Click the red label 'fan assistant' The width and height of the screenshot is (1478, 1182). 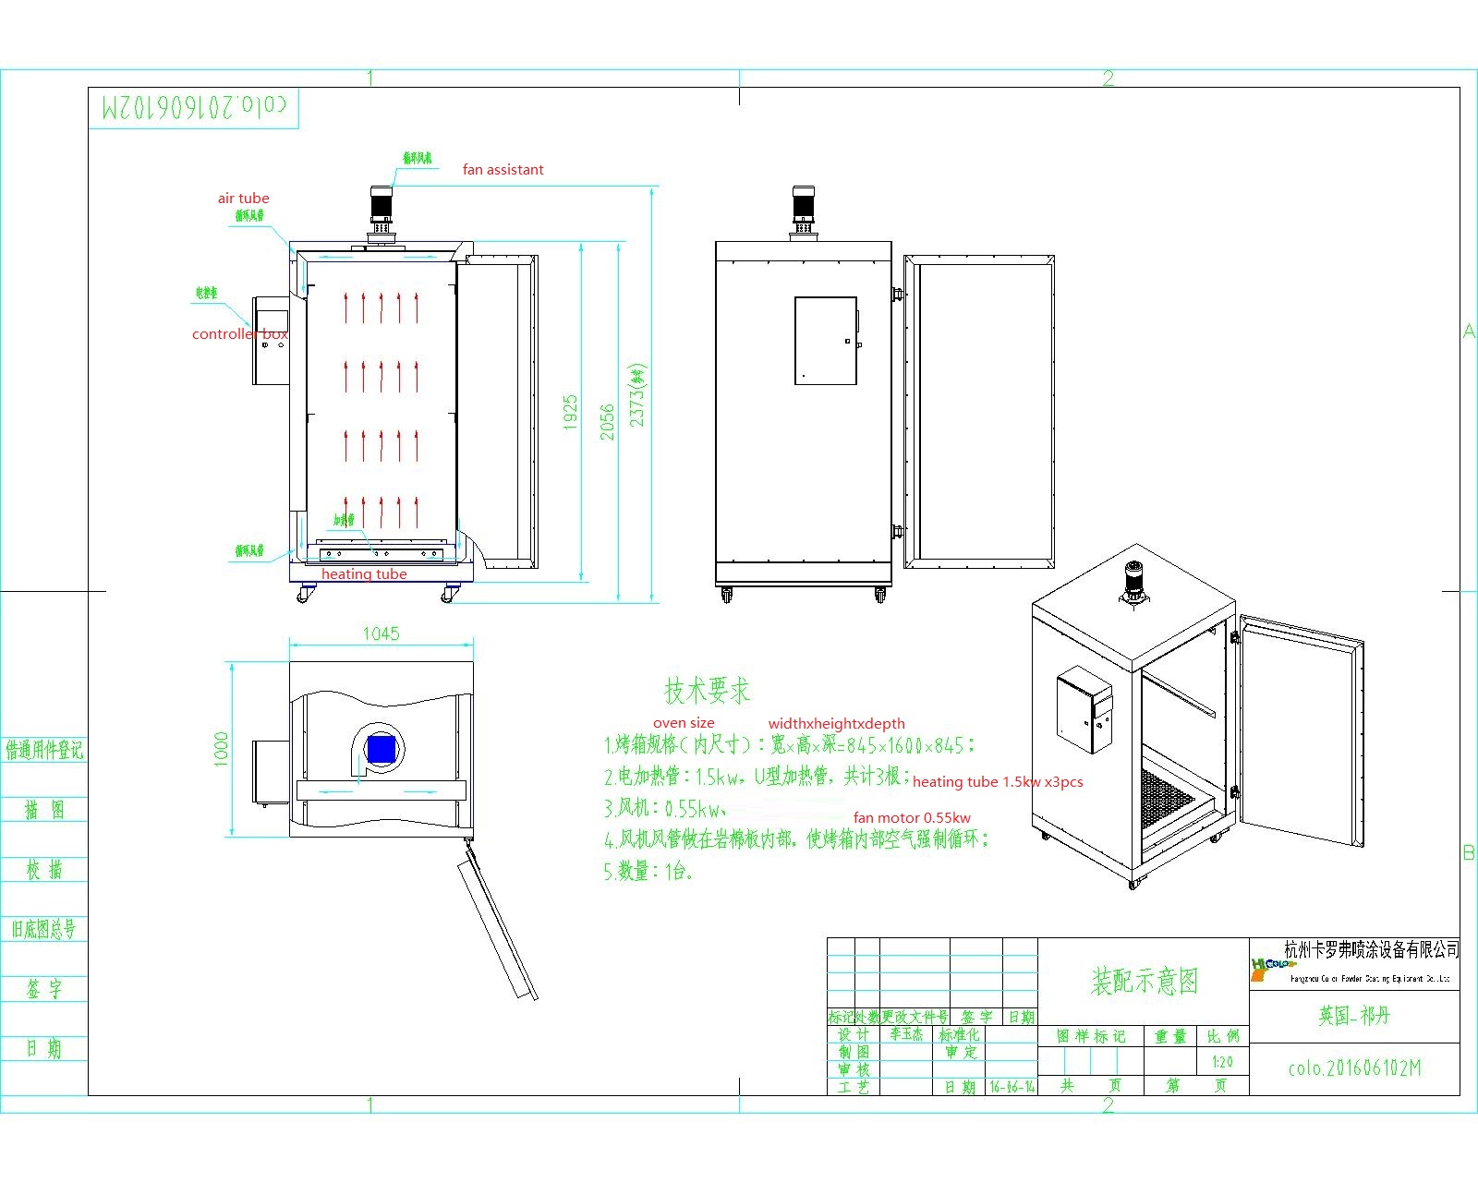[503, 170]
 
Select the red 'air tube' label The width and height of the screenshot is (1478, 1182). [243, 199]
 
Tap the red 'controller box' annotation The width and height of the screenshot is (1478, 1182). [239, 334]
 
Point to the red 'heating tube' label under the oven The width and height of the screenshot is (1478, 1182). [364, 574]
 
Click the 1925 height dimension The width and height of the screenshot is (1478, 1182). [570, 412]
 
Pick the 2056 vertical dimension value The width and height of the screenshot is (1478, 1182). [607, 421]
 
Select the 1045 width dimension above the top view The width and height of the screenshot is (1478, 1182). [381, 633]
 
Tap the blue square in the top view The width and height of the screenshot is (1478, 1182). [381, 748]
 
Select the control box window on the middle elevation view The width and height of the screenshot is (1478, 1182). [826, 340]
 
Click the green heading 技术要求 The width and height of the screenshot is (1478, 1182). [707, 691]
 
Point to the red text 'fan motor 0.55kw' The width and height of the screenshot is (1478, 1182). [912, 817]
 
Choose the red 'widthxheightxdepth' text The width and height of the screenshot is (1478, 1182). [836, 724]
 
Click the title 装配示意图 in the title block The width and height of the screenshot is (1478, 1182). [1144, 981]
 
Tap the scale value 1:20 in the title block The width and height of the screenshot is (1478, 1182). [1222, 1062]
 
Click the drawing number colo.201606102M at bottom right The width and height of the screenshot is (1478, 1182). [1354, 1068]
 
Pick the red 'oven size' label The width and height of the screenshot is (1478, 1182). [684, 723]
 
